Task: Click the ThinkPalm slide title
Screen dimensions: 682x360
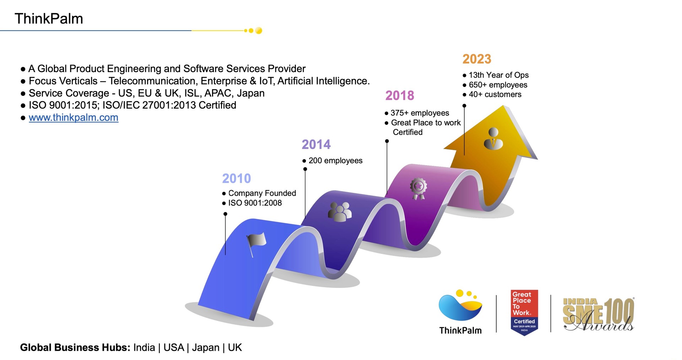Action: [x=49, y=19]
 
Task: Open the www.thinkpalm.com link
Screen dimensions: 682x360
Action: [x=74, y=118]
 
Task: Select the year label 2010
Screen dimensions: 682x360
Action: [x=237, y=178]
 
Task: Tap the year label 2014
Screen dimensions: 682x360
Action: [x=316, y=144]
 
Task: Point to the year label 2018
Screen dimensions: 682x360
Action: [x=400, y=96]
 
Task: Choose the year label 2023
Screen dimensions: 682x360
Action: [x=477, y=59]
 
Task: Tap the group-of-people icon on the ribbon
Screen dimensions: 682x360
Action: [x=340, y=212]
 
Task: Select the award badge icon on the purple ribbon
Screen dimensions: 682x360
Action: [x=418, y=189]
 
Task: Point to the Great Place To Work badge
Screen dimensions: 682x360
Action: [x=524, y=312]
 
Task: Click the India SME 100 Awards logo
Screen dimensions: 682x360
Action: [x=599, y=314]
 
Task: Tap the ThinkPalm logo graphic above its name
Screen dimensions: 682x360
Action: [x=460, y=305]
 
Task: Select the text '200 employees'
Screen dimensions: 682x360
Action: [x=335, y=161]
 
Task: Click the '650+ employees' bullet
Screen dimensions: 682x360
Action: [x=498, y=85]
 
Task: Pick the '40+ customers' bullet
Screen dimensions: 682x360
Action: [x=495, y=94]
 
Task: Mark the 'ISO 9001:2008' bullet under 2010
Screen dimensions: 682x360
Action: [x=255, y=203]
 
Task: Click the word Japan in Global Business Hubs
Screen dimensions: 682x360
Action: [x=206, y=348]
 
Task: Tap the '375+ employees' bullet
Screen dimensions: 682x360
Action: [x=420, y=113]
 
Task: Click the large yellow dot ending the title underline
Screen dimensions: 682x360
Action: [x=259, y=31]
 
